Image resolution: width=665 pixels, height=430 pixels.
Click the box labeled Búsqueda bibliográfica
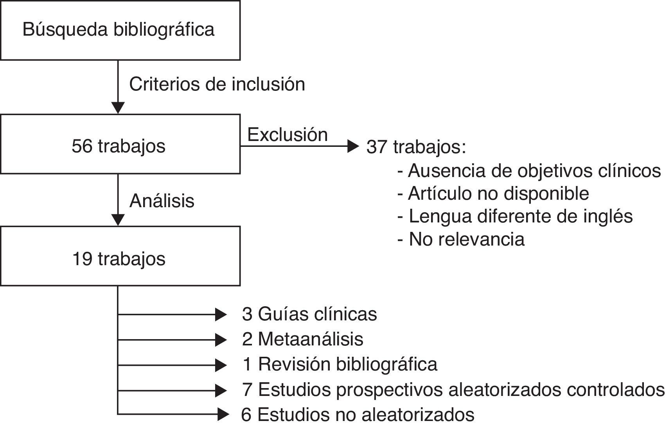[x=120, y=30]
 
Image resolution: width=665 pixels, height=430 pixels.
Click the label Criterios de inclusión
[x=217, y=84]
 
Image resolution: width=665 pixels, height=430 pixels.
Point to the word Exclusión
[x=288, y=135]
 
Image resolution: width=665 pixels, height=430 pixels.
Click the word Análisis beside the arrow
[x=162, y=201]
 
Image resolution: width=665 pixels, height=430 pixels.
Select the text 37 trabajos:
[x=416, y=147]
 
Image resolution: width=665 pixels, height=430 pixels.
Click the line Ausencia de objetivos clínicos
[x=529, y=171]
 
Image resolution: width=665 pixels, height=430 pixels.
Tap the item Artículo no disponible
[x=493, y=193]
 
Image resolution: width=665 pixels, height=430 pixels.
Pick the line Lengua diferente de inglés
[x=515, y=216]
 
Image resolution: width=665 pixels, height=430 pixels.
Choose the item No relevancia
[x=461, y=239]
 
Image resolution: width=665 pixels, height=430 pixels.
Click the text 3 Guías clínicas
[x=309, y=314]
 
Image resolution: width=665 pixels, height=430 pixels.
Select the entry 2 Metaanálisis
[x=302, y=339]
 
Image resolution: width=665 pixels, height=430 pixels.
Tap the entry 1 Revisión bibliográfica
[x=340, y=364]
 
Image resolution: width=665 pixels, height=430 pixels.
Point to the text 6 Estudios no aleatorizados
[x=358, y=415]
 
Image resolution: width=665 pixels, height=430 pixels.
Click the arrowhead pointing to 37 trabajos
[x=353, y=146]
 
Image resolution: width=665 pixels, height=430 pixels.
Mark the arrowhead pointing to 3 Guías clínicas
[x=221, y=314]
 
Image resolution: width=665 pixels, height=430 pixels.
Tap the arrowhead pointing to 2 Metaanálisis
[x=221, y=340]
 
